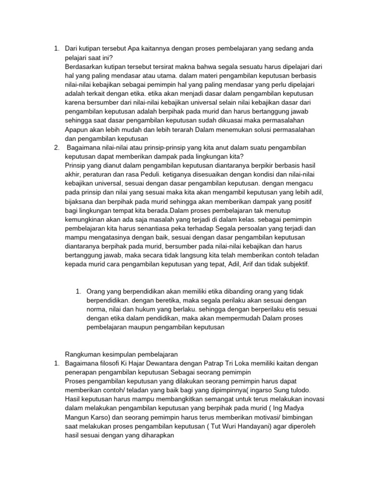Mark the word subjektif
point(296,264)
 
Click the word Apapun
point(76,129)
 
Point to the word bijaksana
point(80,201)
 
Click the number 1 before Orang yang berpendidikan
point(78,292)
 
